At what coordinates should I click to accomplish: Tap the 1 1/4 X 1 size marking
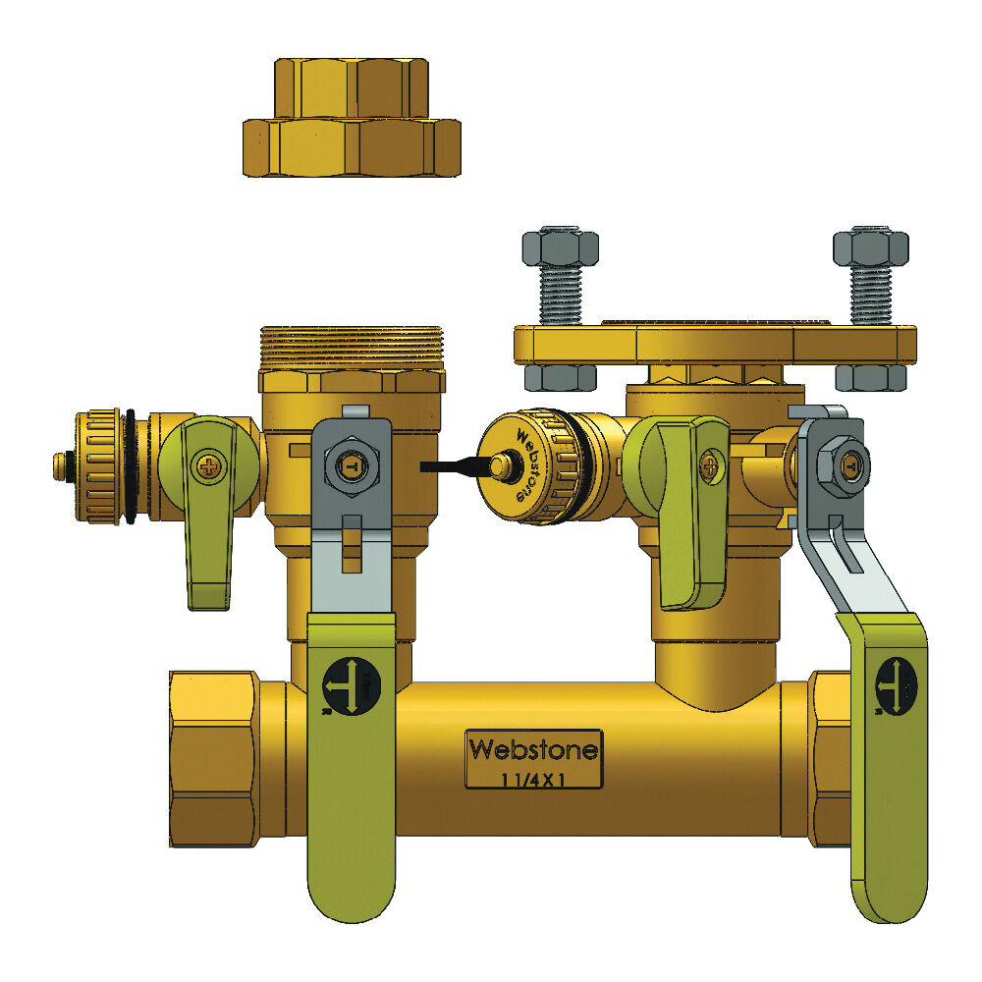tap(534, 780)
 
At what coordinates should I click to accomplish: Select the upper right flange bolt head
tap(869, 246)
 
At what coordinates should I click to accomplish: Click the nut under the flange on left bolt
tap(561, 377)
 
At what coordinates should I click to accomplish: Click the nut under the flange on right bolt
tap(869, 377)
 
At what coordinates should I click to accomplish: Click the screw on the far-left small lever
tap(208, 465)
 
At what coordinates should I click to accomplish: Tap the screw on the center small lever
tap(710, 460)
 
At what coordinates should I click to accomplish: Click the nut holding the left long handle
tap(349, 467)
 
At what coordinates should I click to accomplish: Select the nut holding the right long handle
tap(846, 458)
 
